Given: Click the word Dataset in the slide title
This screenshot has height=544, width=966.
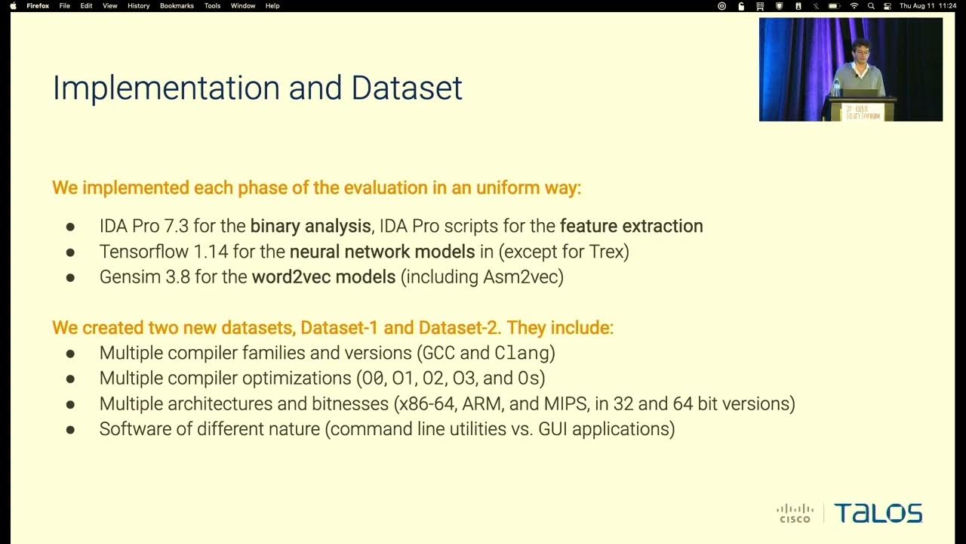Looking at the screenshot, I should [x=407, y=88].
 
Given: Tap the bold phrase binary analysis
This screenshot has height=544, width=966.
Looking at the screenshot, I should [x=310, y=226].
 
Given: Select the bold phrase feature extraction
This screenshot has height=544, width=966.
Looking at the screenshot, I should [x=631, y=226].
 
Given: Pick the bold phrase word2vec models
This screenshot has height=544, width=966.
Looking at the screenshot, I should [x=324, y=277].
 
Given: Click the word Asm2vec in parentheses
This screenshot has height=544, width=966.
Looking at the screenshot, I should [x=520, y=277].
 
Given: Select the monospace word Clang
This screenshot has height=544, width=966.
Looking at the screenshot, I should [x=521, y=353].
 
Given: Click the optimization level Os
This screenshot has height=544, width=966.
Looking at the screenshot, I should [x=528, y=379].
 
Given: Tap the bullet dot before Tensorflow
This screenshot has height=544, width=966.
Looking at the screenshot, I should [x=70, y=252].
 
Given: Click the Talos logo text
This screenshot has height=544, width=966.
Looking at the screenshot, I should [x=878, y=514].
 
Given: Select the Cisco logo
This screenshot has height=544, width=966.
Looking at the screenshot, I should [x=795, y=514].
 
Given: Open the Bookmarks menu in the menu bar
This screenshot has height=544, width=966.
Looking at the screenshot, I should [x=177, y=6].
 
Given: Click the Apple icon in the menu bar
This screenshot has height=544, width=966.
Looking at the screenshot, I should [x=13, y=6].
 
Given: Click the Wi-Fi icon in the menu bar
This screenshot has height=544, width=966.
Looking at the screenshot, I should [x=854, y=6].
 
